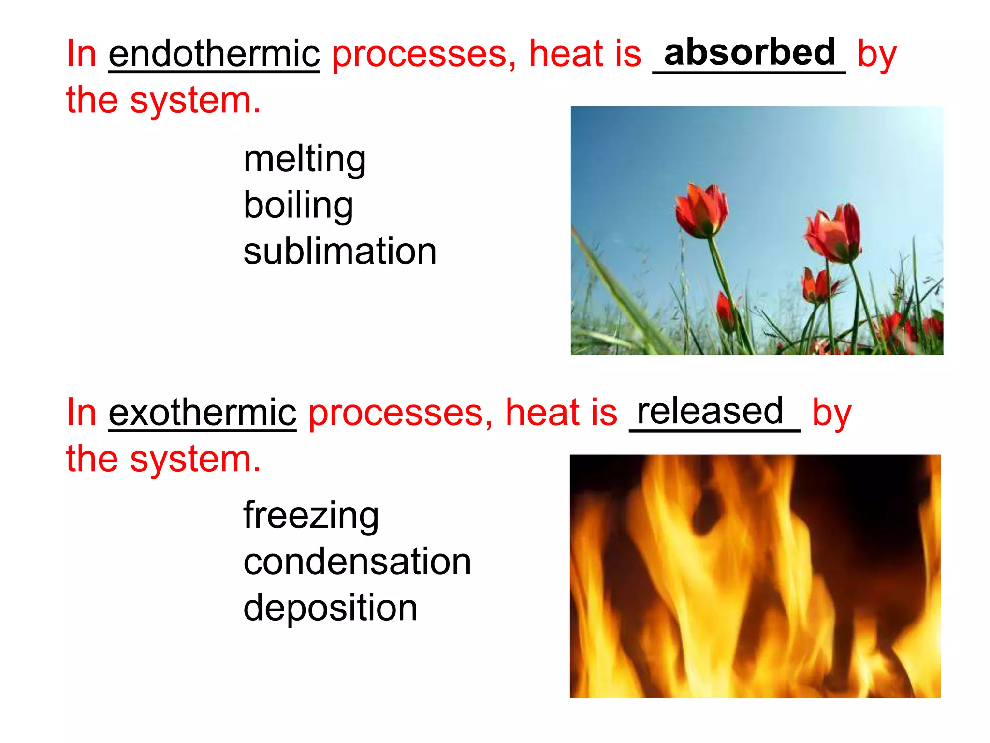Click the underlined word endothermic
click(x=214, y=54)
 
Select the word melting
click(x=305, y=160)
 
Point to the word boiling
click(x=298, y=206)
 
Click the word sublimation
click(x=340, y=252)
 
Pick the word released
click(x=710, y=411)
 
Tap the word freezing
click(x=311, y=516)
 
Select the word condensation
click(x=357, y=562)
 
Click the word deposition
click(x=330, y=608)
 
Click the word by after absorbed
click(x=877, y=55)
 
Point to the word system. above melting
click(x=195, y=101)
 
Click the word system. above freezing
click(x=195, y=460)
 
